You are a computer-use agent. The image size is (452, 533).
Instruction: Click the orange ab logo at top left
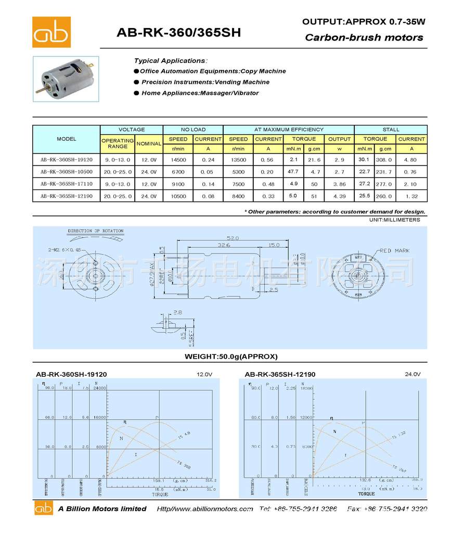[51, 32]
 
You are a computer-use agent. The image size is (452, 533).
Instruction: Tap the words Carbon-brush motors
[364, 37]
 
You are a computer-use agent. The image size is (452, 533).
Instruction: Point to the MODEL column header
[67, 139]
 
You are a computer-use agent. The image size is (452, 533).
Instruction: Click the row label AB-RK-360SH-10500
[67, 171]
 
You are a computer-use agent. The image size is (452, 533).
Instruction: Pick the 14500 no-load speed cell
[178, 160]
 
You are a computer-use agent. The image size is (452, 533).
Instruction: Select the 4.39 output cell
[339, 196]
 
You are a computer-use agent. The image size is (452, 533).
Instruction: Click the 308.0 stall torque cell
[385, 160]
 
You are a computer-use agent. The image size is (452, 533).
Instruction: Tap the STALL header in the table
[391, 130]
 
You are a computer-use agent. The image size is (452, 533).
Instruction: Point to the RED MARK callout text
[394, 250]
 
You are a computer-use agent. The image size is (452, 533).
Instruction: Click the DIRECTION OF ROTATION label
[96, 231]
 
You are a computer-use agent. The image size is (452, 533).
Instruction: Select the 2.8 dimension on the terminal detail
[177, 312]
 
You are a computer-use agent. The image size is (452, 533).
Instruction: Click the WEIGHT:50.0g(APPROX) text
[231, 357]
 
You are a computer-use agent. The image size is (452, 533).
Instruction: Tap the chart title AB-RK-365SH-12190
[280, 374]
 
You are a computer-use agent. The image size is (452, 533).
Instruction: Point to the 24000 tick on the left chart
[100, 388]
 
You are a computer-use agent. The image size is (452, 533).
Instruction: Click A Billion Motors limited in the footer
[102, 509]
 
